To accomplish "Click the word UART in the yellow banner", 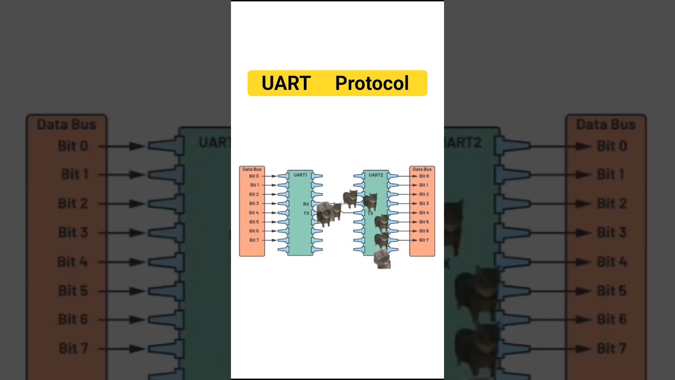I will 286,83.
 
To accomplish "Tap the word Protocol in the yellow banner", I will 372,83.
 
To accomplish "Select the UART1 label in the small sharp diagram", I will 300,175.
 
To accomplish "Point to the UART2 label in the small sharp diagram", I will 376,175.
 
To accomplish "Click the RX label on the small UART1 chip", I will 306,204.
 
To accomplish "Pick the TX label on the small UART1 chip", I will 306,213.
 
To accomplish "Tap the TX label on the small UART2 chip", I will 370,214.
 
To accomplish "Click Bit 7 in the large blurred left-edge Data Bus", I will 74,348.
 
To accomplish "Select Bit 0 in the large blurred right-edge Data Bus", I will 612,146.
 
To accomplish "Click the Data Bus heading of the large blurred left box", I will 66,125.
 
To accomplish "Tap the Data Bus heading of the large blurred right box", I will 605,125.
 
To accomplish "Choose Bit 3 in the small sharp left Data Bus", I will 254,203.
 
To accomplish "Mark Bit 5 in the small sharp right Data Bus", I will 424,222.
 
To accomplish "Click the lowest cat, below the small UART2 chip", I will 382,259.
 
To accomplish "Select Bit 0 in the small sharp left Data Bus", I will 254,176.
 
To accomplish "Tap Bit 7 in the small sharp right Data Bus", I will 424,240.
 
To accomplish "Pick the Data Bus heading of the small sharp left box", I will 252,169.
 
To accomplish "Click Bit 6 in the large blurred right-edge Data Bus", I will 612,319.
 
